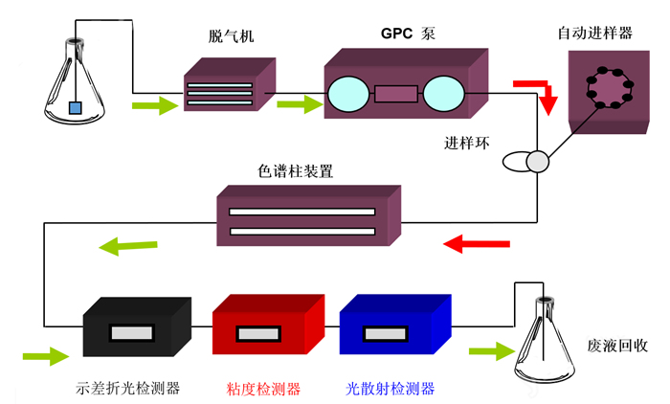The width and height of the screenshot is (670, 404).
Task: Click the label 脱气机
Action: tap(231, 37)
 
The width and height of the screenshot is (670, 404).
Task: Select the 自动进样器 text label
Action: tap(595, 34)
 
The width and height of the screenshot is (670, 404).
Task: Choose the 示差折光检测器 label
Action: tap(128, 389)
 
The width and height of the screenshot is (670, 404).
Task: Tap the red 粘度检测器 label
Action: tap(263, 389)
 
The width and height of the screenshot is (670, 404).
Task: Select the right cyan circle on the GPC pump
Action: tap(442, 94)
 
